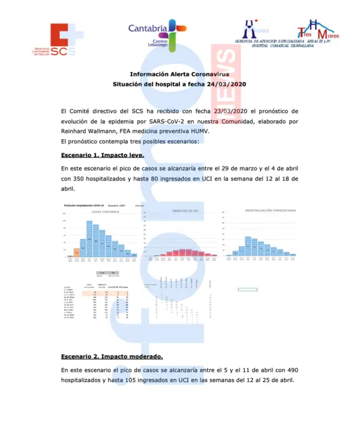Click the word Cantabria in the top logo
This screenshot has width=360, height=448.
click(x=148, y=28)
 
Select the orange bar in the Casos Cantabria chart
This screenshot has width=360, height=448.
click(x=77, y=252)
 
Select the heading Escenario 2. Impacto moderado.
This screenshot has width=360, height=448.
click(x=112, y=357)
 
